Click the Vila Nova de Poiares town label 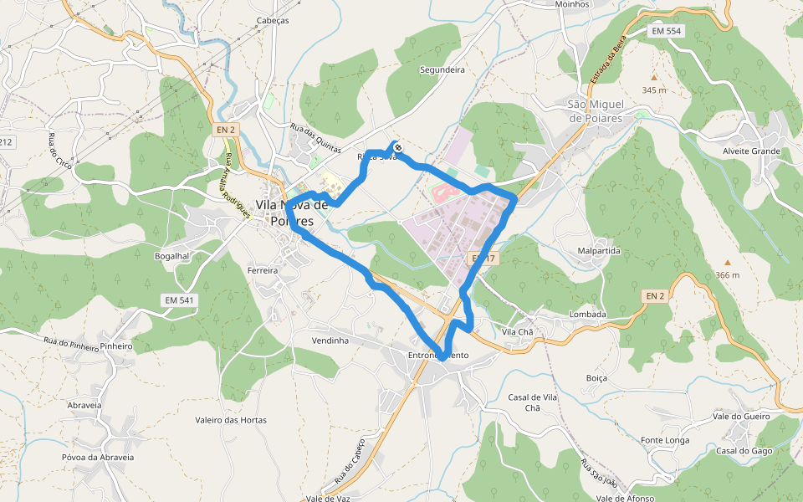coord(291,213)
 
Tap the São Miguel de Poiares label coord(597,111)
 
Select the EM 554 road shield coord(667,31)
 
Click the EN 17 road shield coord(483,259)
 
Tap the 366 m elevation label coord(727,275)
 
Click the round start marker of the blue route coord(398,147)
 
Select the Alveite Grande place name coord(751,151)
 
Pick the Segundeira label coord(442,70)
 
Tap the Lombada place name coord(586,315)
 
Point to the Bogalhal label coord(173,255)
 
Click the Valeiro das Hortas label coord(231,420)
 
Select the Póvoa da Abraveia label coord(98,458)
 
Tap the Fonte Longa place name coord(665,440)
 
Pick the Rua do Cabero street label coord(350,461)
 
